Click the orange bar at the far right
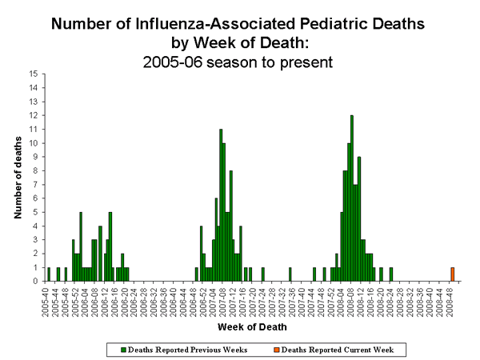pyautogui.click(x=452, y=274)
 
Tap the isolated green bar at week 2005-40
pyautogui.click(x=49, y=274)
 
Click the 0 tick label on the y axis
pyautogui.click(x=35, y=281)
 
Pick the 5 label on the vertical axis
pyautogui.click(x=35, y=212)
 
